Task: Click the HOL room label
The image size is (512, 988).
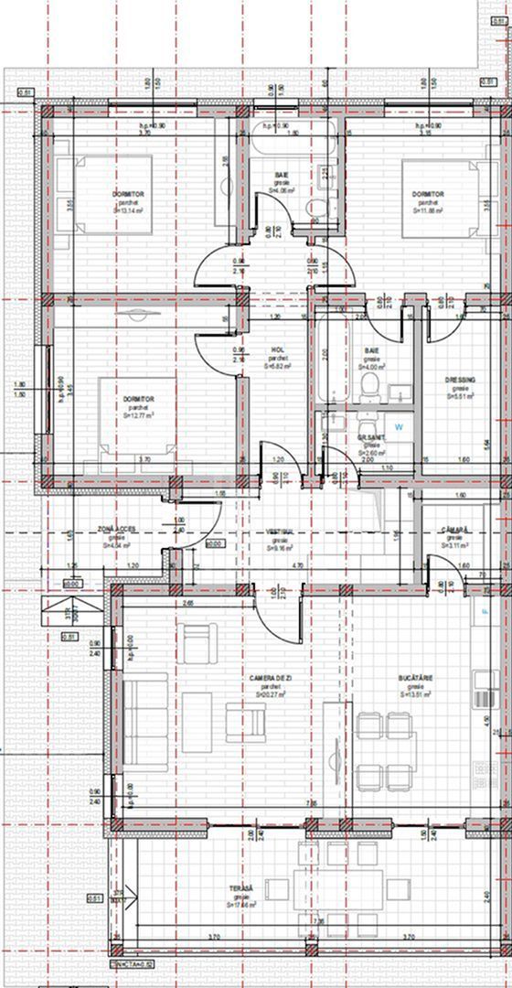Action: pyautogui.click(x=278, y=349)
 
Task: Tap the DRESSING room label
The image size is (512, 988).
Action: pyautogui.click(x=457, y=380)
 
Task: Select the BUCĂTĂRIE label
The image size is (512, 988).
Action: pyautogui.click(x=414, y=678)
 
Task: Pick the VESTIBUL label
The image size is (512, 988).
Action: pyautogui.click(x=278, y=532)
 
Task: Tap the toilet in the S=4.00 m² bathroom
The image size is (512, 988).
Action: pyautogui.click(x=368, y=389)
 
